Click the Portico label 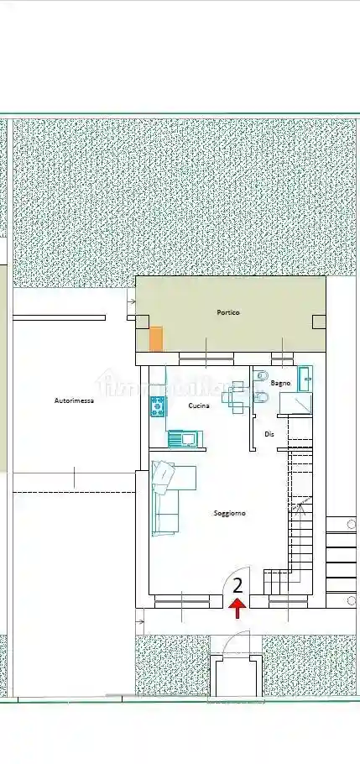[x=228, y=312]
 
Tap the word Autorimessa [x=74, y=401]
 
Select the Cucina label [x=199, y=406]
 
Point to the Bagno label [x=281, y=383]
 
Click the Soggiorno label [x=229, y=513]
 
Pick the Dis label [x=269, y=434]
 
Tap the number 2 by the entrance [x=237, y=585]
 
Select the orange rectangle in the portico [x=156, y=339]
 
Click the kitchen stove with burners [x=157, y=407]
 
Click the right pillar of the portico [x=319, y=321]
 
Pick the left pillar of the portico [x=142, y=321]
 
